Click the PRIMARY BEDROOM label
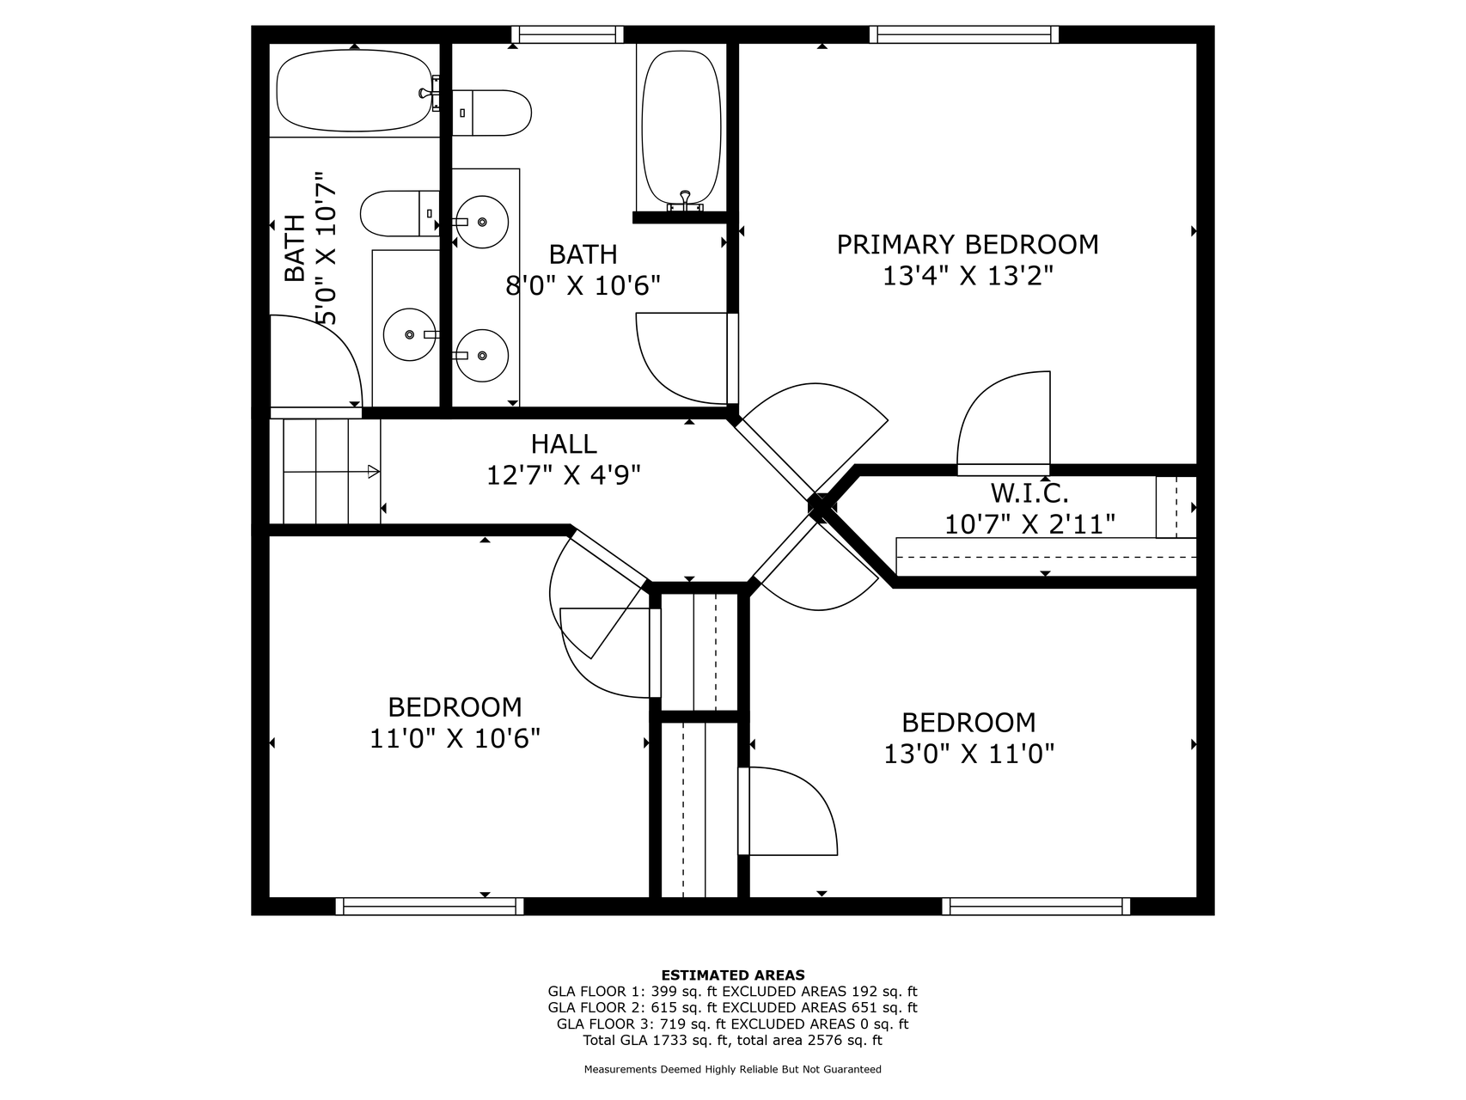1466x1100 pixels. tap(968, 245)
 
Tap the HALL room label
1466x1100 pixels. tap(564, 443)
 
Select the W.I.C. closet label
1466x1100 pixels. tap(1029, 493)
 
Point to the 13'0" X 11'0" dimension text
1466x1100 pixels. tap(969, 754)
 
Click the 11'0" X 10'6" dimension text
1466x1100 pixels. tap(455, 738)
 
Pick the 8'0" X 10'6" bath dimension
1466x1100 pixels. tap(583, 285)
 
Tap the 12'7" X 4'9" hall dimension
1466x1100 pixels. tap(564, 474)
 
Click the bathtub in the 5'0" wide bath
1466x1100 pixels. tap(353, 90)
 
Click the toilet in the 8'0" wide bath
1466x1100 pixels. tap(491, 113)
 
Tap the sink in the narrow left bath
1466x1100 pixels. tap(410, 334)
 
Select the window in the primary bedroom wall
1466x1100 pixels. tap(964, 34)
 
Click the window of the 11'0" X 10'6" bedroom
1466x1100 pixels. tap(430, 906)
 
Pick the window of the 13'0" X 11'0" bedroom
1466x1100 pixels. tap(1036, 906)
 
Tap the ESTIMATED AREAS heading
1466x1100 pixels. tap(733, 975)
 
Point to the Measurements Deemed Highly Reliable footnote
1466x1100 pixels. tap(733, 1070)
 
